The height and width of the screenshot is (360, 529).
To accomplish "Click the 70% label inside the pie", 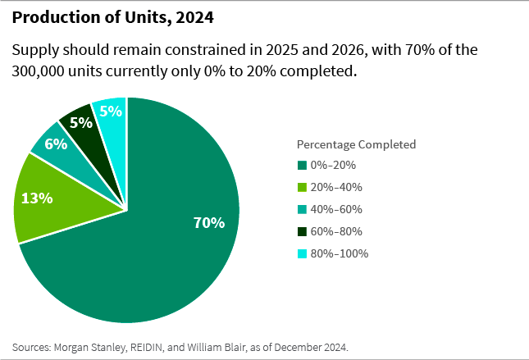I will point(208,222).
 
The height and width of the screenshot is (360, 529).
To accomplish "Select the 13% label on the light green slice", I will point(38,198).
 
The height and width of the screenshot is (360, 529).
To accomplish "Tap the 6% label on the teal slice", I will point(55,144).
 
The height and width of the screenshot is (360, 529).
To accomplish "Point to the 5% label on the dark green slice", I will point(80,123).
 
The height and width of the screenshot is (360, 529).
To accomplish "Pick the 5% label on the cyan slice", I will point(112,111).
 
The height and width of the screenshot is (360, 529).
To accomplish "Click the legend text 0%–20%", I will point(333,165).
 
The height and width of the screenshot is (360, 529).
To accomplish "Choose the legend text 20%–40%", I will point(336,187).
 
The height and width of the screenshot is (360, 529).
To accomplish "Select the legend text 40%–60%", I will point(336,209).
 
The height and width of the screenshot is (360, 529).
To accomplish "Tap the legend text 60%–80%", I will point(336,231).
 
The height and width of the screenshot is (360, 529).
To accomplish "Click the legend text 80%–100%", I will point(340,253).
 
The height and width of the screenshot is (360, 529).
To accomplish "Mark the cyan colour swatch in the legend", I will point(301,253).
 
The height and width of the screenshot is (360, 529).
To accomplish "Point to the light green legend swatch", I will point(301,187).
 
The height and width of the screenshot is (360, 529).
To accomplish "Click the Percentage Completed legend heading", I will point(356,144).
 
